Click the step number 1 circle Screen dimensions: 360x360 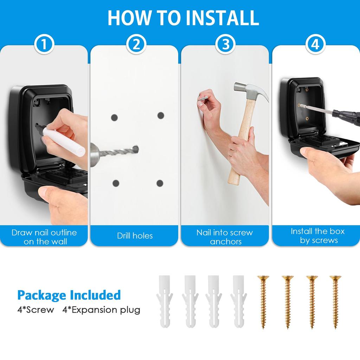point(44,45)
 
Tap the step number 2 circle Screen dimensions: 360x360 point(136,45)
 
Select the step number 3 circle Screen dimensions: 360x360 point(225,45)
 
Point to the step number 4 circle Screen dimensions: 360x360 point(315,45)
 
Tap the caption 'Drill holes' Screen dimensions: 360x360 point(135,236)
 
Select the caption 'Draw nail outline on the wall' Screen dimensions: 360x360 point(44,237)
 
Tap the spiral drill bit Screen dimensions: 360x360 point(120,151)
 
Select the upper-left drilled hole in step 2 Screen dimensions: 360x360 point(114,117)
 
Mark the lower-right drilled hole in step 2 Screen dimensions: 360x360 point(160,183)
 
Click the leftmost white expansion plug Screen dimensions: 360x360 point(164,301)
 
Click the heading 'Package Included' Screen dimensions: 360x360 point(69,295)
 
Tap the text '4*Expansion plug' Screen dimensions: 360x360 point(101,310)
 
